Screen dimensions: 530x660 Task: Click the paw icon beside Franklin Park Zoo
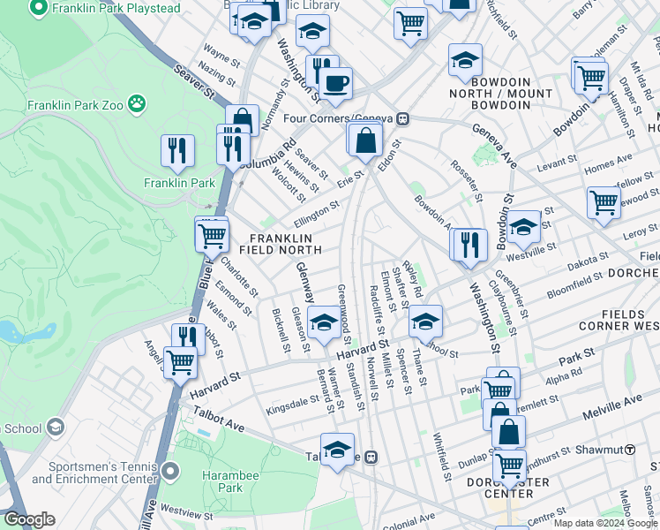coord(137,105)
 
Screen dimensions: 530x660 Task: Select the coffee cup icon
coord(335,85)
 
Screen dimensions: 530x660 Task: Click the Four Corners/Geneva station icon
coord(401,118)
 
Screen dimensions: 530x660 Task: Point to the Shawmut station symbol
coord(630,449)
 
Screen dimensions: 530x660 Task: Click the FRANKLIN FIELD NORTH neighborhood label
coord(281,245)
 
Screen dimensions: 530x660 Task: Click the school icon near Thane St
coord(424,322)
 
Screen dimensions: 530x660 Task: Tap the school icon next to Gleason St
coord(324,322)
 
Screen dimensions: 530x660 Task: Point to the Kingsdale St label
coord(293,401)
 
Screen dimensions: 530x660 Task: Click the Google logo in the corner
coord(29,519)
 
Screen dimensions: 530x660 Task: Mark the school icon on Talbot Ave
coord(336,450)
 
